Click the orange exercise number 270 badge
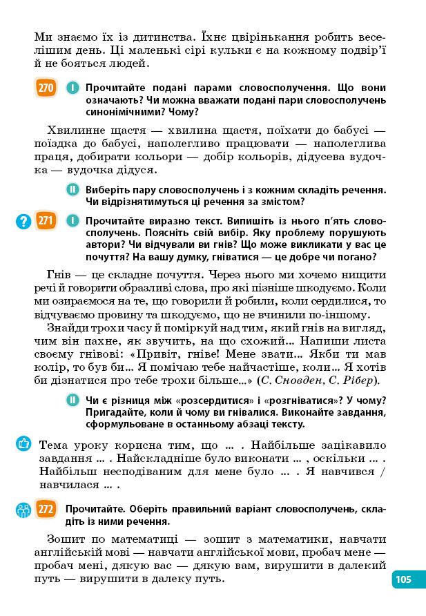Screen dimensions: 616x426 (x=46, y=88)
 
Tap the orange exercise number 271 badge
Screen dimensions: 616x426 (x=46, y=221)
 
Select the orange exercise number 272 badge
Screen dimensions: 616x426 (x=46, y=510)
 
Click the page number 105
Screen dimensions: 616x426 (x=404, y=579)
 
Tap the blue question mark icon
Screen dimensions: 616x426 (x=24, y=221)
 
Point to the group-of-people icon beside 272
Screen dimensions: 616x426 (x=24, y=510)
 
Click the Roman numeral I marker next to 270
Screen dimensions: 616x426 (x=72, y=88)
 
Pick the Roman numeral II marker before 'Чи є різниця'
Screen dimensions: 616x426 (x=72, y=401)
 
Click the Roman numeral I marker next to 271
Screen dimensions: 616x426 (x=72, y=221)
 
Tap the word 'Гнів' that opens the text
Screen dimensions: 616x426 (x=59, y=273)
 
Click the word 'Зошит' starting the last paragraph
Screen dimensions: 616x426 (x=65, y=539)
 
